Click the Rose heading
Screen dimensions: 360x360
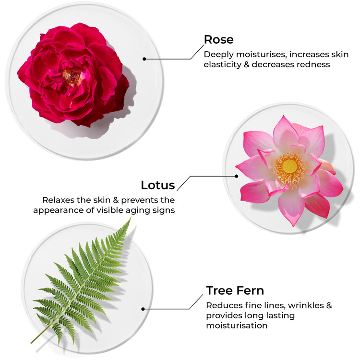218,39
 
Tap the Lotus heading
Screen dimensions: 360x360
158,185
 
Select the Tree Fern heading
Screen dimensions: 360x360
235,290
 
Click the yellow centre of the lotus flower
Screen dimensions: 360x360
289,166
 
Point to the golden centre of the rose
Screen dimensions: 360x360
72,77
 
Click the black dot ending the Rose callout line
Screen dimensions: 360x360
144,59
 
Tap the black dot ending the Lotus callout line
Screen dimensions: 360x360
237,176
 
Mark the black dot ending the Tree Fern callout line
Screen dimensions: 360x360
143,309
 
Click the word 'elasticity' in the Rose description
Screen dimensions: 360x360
222,64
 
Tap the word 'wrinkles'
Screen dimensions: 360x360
306,305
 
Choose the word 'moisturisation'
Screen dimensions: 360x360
237,325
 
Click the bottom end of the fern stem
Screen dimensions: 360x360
32,343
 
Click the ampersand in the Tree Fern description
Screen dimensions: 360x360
329,305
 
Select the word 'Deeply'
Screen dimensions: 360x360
218,55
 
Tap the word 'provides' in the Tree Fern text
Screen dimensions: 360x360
224,316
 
